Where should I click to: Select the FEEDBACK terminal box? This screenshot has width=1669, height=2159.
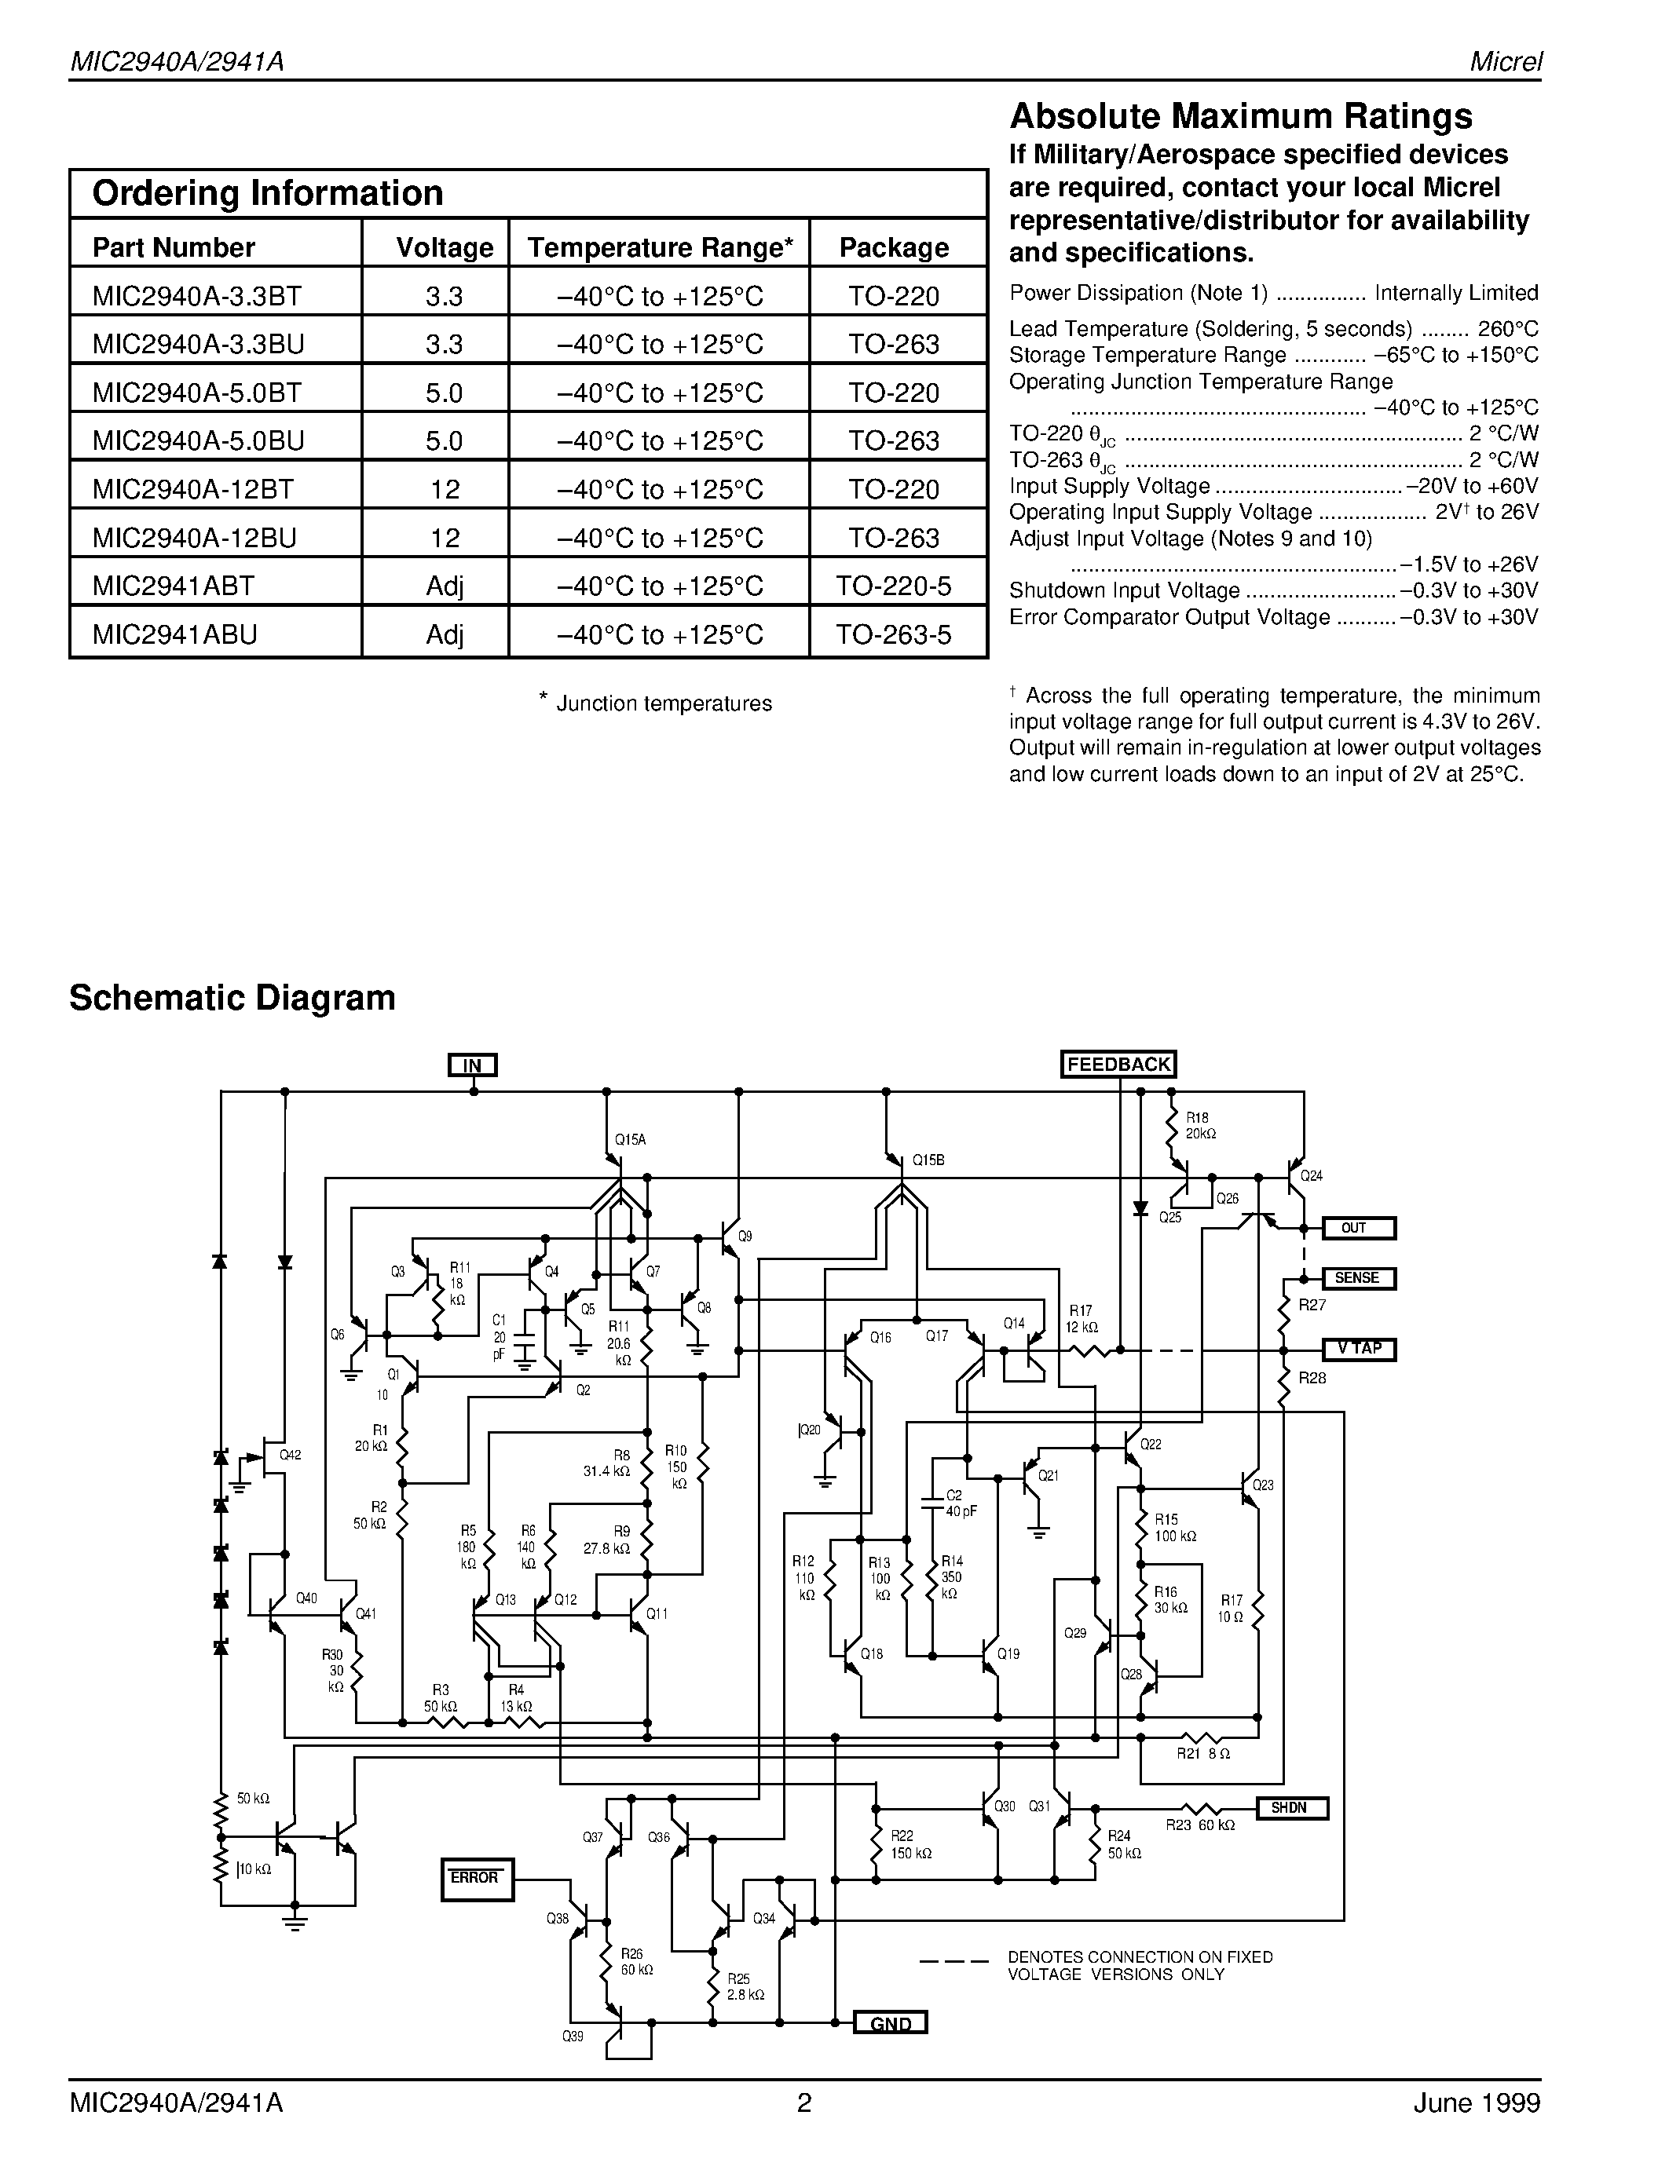click(1118, 1064)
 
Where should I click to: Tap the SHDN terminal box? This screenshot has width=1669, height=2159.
click(1290, 1808)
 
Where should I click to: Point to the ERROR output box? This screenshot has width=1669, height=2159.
click(477, 1878)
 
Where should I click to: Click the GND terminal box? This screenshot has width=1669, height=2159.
click(890, 2023)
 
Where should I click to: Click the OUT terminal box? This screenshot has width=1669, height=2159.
click(1359, 1228)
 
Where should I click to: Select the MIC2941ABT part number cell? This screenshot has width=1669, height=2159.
click(174, 585)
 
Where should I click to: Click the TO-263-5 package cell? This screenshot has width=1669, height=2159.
click(894, 634)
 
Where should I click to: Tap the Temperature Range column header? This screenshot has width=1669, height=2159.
click(660, 247)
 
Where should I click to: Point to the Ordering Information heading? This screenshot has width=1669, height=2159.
click(267, 193)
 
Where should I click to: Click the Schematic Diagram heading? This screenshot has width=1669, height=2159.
click(232, 997)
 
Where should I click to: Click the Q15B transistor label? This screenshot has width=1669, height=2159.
click(928, 1160)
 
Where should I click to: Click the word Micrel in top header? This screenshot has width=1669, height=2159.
click(1505, 61)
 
